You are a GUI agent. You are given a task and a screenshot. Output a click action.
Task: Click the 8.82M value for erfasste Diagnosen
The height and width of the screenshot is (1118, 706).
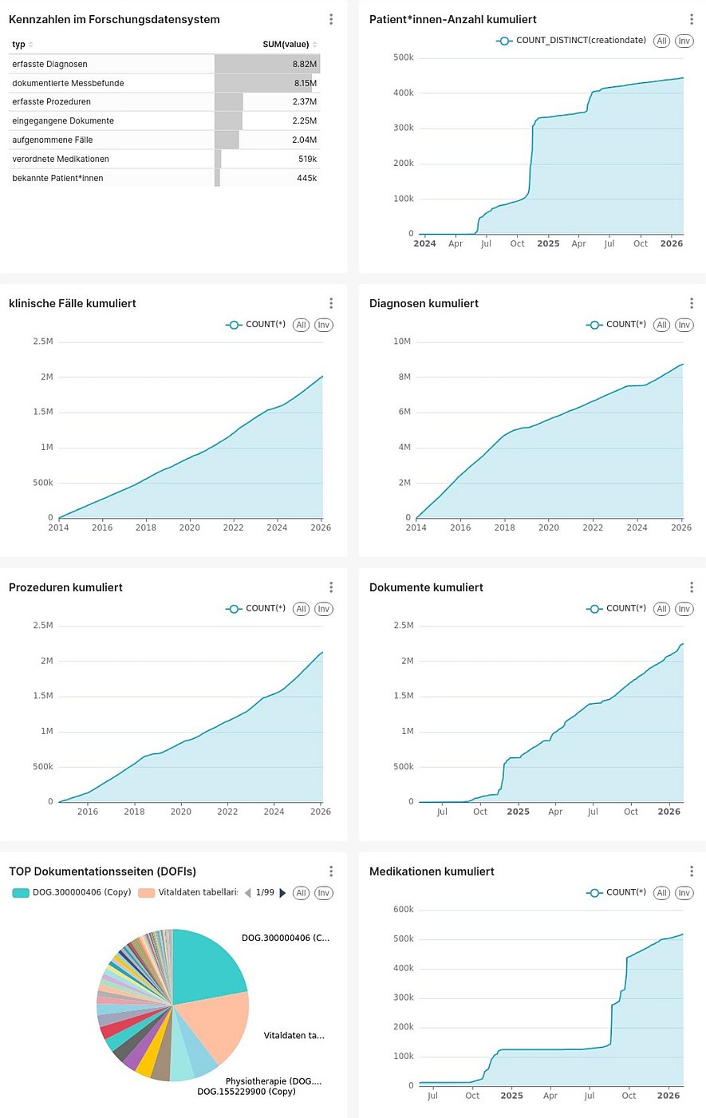pyautogui.click(x=304, y=64)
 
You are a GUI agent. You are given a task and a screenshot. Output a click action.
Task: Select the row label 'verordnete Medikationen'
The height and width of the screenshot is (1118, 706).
pyautogui.click(x=61, y=159)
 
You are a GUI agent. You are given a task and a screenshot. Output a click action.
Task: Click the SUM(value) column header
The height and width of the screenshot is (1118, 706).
pyautogui.click(x=286, y=44)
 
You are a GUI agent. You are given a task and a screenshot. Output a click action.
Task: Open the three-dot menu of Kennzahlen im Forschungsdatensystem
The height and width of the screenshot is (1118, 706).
pyautogui.click(x=331, y=19)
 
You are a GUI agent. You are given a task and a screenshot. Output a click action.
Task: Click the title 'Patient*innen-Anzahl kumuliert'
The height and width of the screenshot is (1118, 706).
pyautogui.click(x=452, y=19)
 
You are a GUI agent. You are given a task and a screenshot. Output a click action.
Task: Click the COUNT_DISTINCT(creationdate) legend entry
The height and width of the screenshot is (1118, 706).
pyautogui.click(x=580, y=41)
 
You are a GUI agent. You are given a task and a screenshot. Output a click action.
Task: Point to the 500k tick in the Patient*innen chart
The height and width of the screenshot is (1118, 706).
pyautogui.click(x=404, y=57)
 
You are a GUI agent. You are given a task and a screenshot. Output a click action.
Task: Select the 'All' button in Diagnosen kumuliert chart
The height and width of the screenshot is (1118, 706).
pyautogui.click(x=661, y=325)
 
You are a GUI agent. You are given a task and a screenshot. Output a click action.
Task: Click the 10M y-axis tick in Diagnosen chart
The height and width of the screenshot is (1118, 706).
pyautogui.click(x=402, y=342)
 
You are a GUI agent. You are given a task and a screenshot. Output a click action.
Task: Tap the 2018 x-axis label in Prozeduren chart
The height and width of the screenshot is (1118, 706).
pyautogui.click(x=134, y=812)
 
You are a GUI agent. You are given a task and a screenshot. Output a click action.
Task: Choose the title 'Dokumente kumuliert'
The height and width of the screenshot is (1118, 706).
pyautogui.click(x=426, y=587)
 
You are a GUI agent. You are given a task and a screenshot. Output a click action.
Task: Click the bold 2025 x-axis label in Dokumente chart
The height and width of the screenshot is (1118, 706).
pyautogui.click(x=518, y=812)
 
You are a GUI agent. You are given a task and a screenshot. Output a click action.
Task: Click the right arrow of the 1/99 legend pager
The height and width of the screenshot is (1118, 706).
pyautogui.click(x=282, y=893)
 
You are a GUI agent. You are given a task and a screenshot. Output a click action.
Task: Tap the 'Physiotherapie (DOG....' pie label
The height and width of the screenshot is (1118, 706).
pyautogui.click(x=273, y=1081)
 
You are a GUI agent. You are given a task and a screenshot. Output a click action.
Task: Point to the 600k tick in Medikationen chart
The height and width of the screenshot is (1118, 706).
pyautogui.click(x=404, y=910)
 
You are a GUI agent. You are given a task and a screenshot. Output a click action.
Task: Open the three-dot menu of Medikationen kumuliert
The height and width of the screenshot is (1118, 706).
pyautogui.click(x=692, y=871)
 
